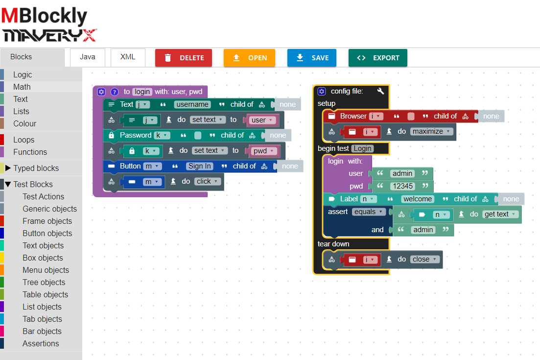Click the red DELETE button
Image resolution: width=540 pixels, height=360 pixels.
pyautogui.click(x=184, y=58)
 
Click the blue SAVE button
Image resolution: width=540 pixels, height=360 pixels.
pyautogui.click(x=312, y=58)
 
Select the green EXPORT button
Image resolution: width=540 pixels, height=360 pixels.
pyautogui.click(x=377, y=58)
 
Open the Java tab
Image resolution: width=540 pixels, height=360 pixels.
pyautogui.click(x=88, y=57)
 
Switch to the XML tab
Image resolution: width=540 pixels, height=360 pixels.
pyautogui.click(x=128, y=57)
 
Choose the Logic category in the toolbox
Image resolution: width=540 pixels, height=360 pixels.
pyautogui.click(x=23, y=74)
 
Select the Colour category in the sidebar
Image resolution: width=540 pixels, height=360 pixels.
pyautogui.click(x=24, y=123)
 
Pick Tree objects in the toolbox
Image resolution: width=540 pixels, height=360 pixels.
pyautogui.click(x=44, y=282)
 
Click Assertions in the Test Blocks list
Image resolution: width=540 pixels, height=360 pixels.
pyautogui.click(x=41, y=343)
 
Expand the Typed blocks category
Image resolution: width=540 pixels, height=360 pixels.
pyautogui.click(x=36, y=168)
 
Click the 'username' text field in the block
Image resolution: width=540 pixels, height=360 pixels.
pyautogui.click(x=192, y=104)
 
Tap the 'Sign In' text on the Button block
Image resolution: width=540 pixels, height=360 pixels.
pyautogui.click(x=199, y=166)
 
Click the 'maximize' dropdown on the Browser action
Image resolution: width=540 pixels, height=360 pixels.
pyautogui.click(x=430, y=131)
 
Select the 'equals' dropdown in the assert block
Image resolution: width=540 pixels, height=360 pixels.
pyautogui.click(x=368, y=212)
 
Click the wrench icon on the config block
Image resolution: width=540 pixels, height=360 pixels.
pyautogui.click(x=381, y=91)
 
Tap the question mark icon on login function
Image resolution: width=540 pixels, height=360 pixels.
pyautogui.click(x=115, y=92)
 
